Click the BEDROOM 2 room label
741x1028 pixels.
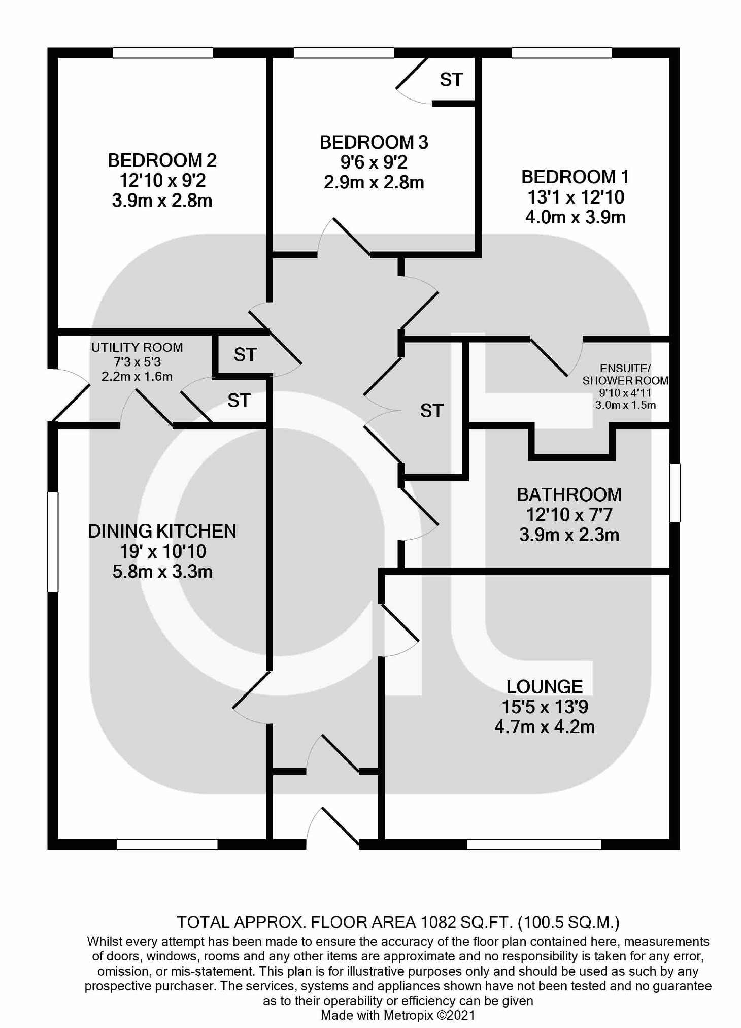162,160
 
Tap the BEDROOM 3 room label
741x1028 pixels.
374,142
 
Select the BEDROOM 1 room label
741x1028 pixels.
575,177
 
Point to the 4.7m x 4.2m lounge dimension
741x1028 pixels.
545,726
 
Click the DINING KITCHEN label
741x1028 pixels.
162,531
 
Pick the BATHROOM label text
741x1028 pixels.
569,494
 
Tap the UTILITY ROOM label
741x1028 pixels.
137,347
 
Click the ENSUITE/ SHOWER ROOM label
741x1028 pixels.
625,374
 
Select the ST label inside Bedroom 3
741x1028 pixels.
451,80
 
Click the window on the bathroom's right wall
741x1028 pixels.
675,492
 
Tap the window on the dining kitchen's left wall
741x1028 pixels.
53,541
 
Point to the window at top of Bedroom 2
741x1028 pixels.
162,53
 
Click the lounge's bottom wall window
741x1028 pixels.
533,844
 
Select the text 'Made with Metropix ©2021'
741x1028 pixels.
398,1015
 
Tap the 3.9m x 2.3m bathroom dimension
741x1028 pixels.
569,535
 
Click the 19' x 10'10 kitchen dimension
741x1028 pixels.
162,551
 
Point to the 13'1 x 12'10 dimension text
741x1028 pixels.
576,197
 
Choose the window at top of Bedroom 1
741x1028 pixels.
561,53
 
